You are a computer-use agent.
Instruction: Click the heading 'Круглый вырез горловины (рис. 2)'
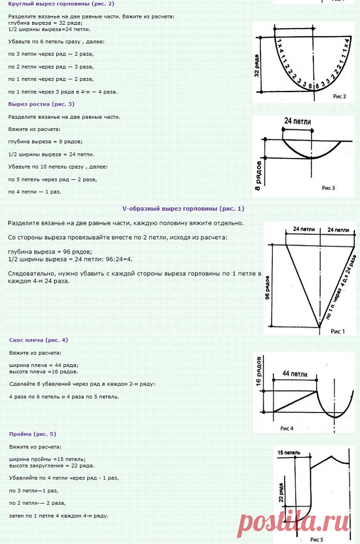61,3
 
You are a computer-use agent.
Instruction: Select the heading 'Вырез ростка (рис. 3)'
41,104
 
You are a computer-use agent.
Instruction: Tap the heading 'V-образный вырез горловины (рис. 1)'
183,208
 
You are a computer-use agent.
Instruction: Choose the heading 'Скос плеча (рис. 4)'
38,340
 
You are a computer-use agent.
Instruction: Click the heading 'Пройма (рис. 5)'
33,434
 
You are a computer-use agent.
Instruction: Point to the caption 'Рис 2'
340,96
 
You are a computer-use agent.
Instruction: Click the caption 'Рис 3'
328,187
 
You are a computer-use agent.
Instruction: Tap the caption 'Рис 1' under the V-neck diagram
338,331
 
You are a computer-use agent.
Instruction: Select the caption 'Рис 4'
287,428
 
